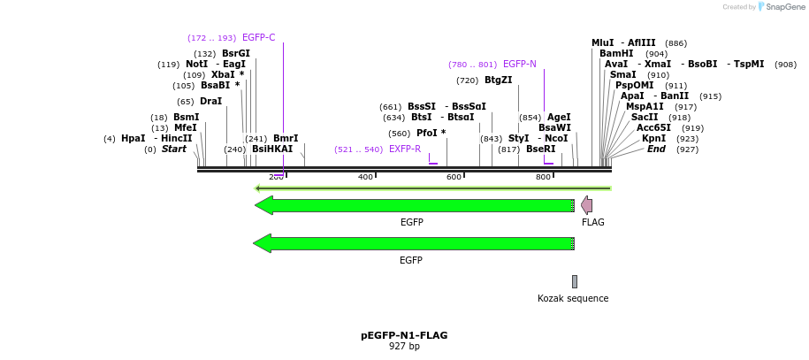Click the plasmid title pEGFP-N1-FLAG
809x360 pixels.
[x=404, y=335]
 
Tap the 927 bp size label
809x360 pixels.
[x=404, y=346]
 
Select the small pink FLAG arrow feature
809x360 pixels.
[x=587, y=205]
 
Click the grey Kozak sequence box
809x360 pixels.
[x=574, y=281]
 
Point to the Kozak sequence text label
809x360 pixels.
[x=573, y=298]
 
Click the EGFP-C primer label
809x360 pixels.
[x=258, y=37]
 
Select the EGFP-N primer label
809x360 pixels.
[x=519, y=64]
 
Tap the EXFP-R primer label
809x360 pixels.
[x=405, y=149]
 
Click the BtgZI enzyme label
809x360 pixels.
[x=498, y=80]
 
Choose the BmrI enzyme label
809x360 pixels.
[x=286, y=138]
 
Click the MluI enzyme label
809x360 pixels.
[x=602, y=42]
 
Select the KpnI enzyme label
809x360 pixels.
[x=653, y=138]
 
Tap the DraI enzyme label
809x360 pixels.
[x=210, y=101]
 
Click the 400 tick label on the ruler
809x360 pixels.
[x=365, y=177]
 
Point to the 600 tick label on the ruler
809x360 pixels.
[x=454, y=177]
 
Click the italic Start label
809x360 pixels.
[x=174, y=149]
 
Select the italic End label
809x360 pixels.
[x=656, y=149]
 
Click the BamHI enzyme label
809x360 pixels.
[x=616, y=53]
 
